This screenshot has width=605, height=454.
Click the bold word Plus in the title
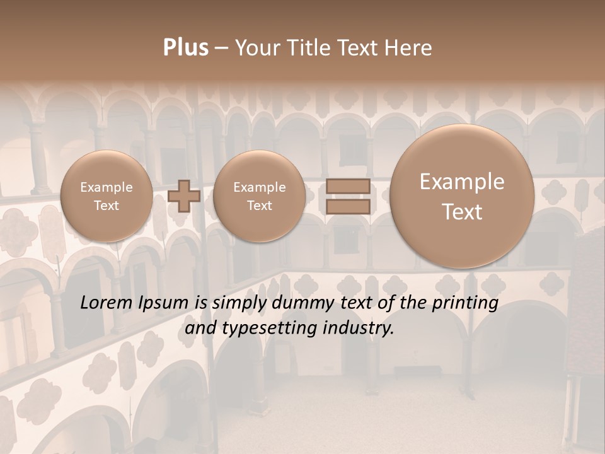185,48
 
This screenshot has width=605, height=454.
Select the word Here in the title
410,48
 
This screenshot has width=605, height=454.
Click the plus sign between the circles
184,195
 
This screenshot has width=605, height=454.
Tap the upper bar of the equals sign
347,186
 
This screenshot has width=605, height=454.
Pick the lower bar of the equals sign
347,207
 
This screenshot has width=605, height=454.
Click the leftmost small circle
107,196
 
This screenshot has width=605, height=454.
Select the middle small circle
259,196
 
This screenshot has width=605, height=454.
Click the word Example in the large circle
462,182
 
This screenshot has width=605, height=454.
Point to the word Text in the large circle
462,212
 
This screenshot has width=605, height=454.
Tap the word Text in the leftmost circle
107,206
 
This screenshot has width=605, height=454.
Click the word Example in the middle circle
259,187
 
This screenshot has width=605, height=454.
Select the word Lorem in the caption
108,303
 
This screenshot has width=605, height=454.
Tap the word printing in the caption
465,303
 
